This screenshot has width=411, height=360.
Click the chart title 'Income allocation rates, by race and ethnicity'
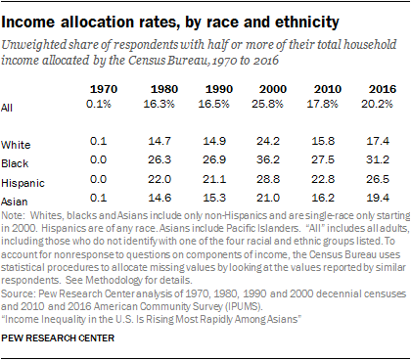(x=169, y=19)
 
